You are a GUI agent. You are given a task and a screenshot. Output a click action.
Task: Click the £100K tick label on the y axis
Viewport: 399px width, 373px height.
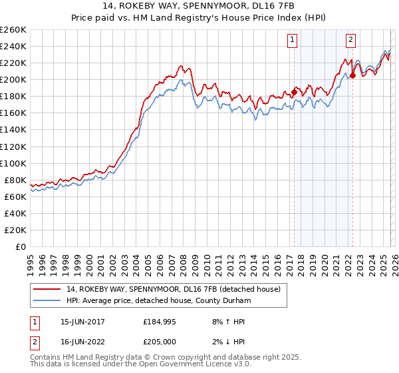(13, 163)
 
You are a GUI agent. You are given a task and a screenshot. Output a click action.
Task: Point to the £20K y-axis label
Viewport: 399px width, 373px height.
(15, 230)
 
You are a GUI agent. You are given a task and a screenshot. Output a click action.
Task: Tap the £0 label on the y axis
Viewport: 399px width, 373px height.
(20, 246)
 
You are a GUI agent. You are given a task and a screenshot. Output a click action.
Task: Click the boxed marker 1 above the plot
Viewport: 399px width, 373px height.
(293, 40)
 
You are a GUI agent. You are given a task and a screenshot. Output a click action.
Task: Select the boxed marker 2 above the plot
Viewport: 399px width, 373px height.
(350, 40)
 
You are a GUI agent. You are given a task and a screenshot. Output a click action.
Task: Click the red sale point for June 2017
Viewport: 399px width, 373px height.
(294, 92)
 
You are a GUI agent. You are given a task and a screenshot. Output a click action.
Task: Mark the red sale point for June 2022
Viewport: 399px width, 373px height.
(352, 75)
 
